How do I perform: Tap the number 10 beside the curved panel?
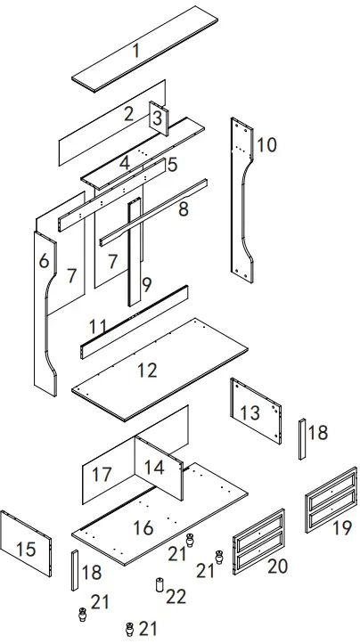pyautogui.click(x=267, y=144)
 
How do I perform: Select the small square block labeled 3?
pyautogui.click(x=157, y=118)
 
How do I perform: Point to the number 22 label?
pyautogui.click(x=176, y=594)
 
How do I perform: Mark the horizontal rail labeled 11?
pyautogui.click(x=134, y=321)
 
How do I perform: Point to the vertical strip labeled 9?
pyautogui.click(x=134, y=258)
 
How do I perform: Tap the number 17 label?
pyautogui.click(x=102, y=474)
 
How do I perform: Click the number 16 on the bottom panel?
pyautogui.click(x=143, y=527)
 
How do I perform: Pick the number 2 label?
pyautogui.click(x=128, y=113)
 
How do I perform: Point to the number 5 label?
pyautogui.click(x=172, y=165)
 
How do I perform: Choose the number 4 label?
pyautogui.click(x=125, y=162)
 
